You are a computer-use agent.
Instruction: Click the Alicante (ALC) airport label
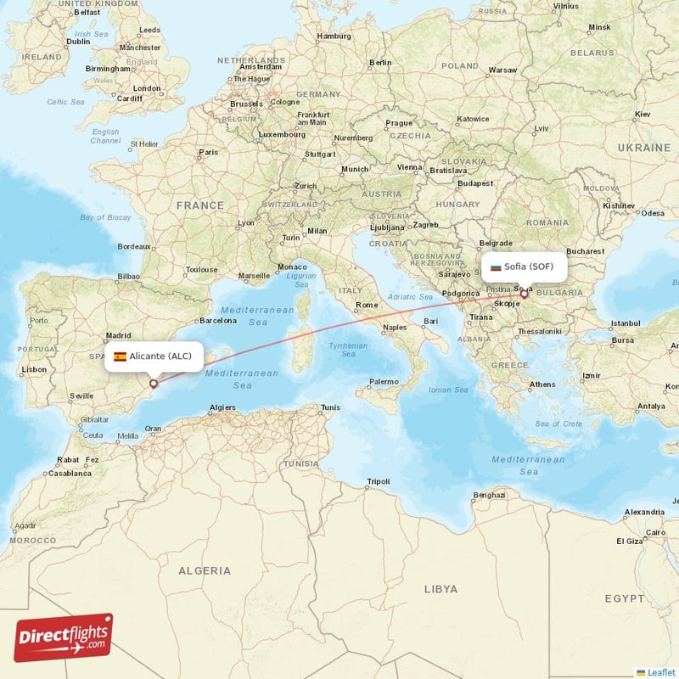(160, 356)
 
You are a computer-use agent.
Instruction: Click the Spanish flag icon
(120, 356)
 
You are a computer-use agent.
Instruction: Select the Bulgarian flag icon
(496, 267)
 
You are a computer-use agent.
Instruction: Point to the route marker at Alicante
(153, 384)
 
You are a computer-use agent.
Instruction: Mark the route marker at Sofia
(525, 295)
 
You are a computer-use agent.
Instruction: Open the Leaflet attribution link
(660, 672)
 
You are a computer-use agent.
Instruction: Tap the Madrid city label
(119, 335)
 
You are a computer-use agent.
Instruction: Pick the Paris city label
(208, 153)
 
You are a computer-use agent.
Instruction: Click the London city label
(147, 88)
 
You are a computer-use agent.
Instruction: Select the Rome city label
(368, 305)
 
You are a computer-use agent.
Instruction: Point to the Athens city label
(542, 384)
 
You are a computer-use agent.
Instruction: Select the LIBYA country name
(441, 588)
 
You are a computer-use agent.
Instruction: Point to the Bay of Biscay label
(106, 218)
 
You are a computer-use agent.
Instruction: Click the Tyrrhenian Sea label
(348, 349)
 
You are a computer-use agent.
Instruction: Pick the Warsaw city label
(503, 70)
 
